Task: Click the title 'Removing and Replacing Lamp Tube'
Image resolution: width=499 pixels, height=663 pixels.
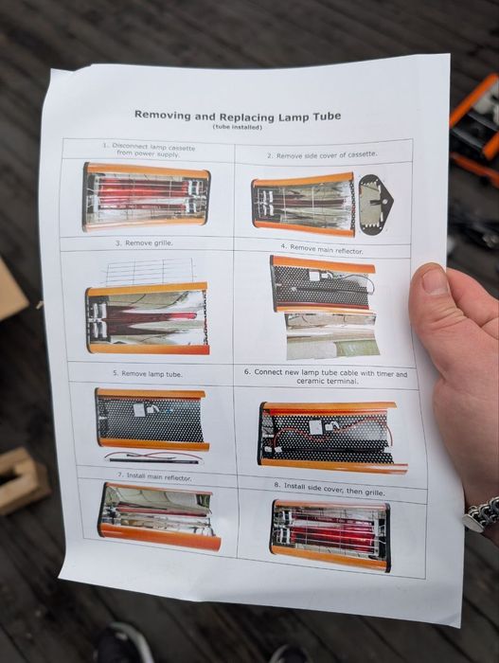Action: click(x=238, y=116)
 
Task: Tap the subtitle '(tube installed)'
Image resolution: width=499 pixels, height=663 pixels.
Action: click(x=238, y=127)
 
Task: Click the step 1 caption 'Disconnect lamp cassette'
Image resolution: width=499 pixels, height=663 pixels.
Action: click(x=149, y=147)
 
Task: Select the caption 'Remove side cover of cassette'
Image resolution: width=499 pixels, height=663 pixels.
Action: click(x=322, y=155)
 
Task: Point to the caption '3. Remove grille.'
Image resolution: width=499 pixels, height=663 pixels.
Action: click(x=144, y=243)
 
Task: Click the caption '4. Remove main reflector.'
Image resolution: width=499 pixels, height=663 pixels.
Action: click(x=322, y=249)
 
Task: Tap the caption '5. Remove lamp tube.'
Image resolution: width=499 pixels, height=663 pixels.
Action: click(x=148, y=374)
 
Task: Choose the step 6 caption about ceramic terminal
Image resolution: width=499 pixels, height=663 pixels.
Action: click(x=326, y=377)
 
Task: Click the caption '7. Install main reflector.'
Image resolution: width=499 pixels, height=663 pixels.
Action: click(x=154, y=476)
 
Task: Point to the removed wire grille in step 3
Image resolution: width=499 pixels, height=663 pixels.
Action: click(x=151, y=272)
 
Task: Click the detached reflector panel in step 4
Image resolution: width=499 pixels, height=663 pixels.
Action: click(x=331, y=335)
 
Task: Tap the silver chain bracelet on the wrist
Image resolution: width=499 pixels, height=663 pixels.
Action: click(x=483, y=514)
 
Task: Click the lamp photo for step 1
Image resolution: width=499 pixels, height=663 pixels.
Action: click(x=146, y=197)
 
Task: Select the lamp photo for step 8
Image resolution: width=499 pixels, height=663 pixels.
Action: click(x=330, y=536)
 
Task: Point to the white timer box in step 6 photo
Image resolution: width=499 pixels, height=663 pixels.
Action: click(x=315, y=427)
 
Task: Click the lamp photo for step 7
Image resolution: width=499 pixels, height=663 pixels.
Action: click(x=159, y=517)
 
